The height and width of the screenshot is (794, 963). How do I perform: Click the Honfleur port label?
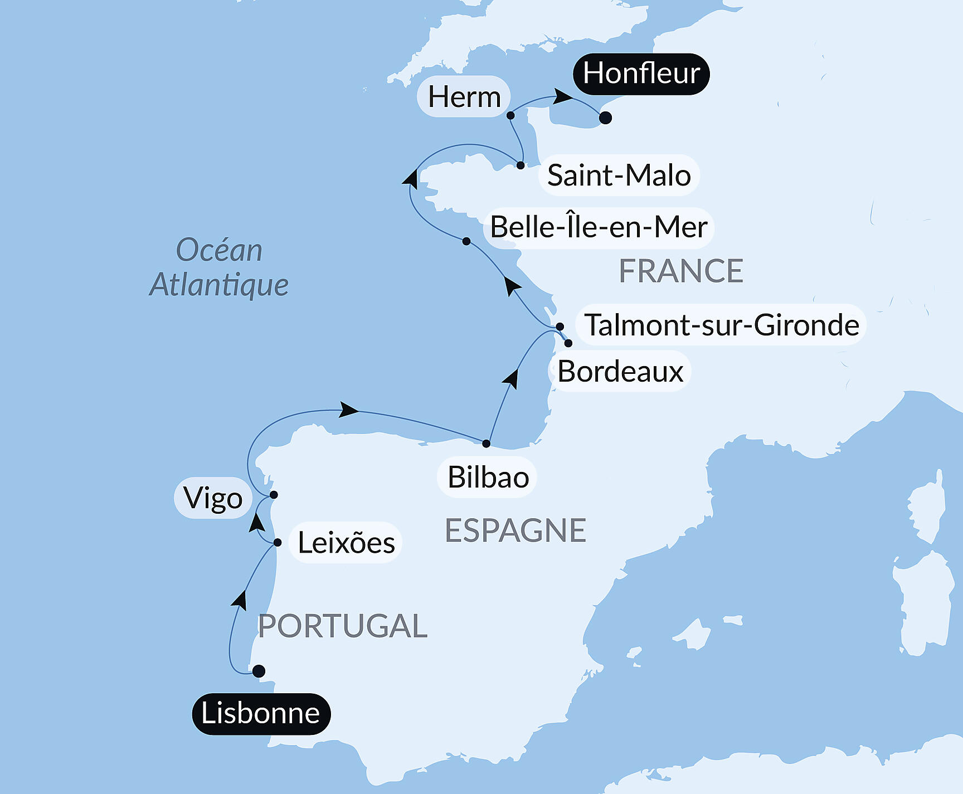(641, 74)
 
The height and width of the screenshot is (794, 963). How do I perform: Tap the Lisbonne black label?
(261, 714)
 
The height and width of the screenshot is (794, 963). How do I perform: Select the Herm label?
(464, 97)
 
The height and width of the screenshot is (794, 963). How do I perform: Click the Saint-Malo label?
(619, 176)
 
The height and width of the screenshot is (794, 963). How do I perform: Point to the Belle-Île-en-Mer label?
(599, 227)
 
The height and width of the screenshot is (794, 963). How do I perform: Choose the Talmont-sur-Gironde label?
(721, 325)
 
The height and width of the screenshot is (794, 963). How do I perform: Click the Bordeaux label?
(620, 372)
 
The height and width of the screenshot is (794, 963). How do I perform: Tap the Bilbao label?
(488, 478)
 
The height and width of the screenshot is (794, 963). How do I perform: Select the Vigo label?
(213, 498)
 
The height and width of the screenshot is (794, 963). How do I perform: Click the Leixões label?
(346, 543)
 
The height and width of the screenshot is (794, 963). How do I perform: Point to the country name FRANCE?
(680, 271)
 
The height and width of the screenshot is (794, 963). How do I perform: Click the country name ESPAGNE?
(515, 530)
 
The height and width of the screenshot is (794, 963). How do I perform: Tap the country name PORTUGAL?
(342, 626)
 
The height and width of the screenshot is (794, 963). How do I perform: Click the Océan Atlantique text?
(219, 267)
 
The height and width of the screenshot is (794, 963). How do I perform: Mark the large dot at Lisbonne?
(259, 671)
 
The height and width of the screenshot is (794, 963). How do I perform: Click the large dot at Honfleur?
(605, 118)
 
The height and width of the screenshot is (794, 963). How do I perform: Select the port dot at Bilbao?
(486, 444)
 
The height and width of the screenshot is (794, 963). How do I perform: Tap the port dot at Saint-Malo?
(520, 165)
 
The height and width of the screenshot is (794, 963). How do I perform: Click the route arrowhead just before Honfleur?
(563, 97)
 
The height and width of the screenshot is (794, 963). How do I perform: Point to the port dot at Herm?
(510, 116)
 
